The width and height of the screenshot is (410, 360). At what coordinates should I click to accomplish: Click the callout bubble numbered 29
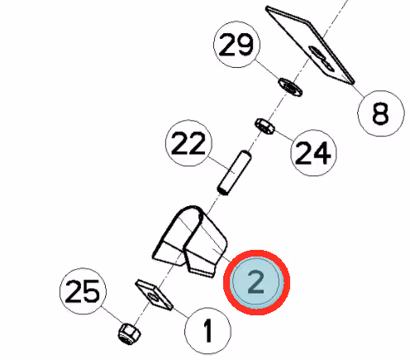(x=237, y=44)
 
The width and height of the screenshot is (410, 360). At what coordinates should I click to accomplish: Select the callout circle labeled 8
(x=381, y=113)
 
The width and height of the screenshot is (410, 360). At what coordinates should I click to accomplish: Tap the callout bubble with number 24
(x=313, y=152)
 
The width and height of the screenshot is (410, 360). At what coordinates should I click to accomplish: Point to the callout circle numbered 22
(x=188, y=143)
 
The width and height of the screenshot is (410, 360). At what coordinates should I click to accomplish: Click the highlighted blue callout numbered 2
(x=256, y=282)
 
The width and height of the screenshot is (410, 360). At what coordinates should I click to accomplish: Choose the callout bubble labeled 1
(x=207, y=330)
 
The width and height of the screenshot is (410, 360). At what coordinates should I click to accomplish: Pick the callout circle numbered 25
(x=83, y=291)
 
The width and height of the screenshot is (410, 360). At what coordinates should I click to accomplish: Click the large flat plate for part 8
(x=309, y=44)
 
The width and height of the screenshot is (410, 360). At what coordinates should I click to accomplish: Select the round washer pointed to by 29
(x=290, y=88)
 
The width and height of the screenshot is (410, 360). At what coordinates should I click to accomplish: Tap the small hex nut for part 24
(x=265, y=126)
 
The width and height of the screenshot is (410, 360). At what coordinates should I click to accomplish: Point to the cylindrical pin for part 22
(x=234, y=173)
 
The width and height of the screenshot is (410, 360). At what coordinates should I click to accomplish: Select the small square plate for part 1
(x=154, y=295)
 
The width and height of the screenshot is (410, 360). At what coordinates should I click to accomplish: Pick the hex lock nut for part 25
(x=129, y=333)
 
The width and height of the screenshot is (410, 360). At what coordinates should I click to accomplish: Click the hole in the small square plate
(x=153, y=297)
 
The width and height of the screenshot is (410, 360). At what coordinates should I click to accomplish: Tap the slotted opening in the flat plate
(x=322, y=58)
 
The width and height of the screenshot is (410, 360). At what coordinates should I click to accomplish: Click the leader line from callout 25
(x=112, y=315)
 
